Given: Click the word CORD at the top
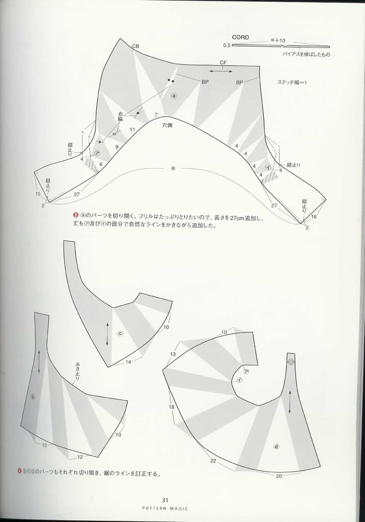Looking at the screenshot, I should pos(240,37).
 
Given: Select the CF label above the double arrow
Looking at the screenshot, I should pos(223,63).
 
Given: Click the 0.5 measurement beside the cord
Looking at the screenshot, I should pos(227,45).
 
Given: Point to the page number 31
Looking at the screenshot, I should pos(182,500).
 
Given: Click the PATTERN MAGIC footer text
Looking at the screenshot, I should pos(182,508).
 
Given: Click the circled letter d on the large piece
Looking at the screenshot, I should pos(277,446).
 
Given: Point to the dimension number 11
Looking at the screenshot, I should pos(132,130).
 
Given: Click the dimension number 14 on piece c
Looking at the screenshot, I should pos(128,362).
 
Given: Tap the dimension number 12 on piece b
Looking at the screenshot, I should pos(80,457).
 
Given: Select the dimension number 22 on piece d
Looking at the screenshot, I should pos(213,461).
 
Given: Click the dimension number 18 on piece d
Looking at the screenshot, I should pos(171,406).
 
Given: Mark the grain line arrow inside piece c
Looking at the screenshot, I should pos(108,333).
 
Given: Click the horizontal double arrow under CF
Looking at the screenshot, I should pos(220,70).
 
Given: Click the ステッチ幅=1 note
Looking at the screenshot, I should pos(292,82).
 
